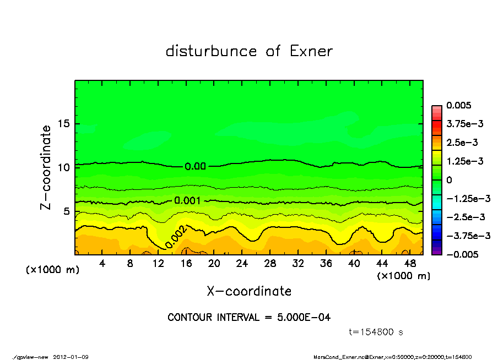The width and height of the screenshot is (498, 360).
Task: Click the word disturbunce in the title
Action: (212, 51)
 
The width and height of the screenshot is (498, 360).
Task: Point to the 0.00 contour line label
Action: (196, 166)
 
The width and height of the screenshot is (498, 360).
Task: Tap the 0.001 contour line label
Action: (187, 201)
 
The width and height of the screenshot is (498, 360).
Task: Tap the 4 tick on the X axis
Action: (102, 264)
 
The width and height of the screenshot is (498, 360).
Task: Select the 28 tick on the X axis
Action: (270, 264)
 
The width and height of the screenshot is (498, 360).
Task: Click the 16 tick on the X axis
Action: (186, 264)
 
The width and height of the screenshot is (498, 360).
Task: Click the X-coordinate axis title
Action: (249, 291)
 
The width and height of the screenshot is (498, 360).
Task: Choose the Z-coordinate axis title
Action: (46, 167)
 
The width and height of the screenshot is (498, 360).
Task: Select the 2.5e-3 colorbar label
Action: (462, 142)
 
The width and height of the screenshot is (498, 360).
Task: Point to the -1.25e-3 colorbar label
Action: (465, 198)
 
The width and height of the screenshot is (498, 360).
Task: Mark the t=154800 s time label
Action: (377, 332)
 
